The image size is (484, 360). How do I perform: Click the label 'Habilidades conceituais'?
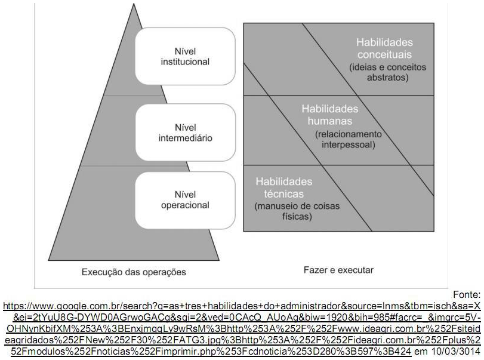tap(384, 48)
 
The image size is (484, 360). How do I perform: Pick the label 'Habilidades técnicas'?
tap(283, 187)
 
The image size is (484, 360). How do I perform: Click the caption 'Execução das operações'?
tap(134, 272)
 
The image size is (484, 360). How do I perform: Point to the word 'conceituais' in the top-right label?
tap(384, 54)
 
